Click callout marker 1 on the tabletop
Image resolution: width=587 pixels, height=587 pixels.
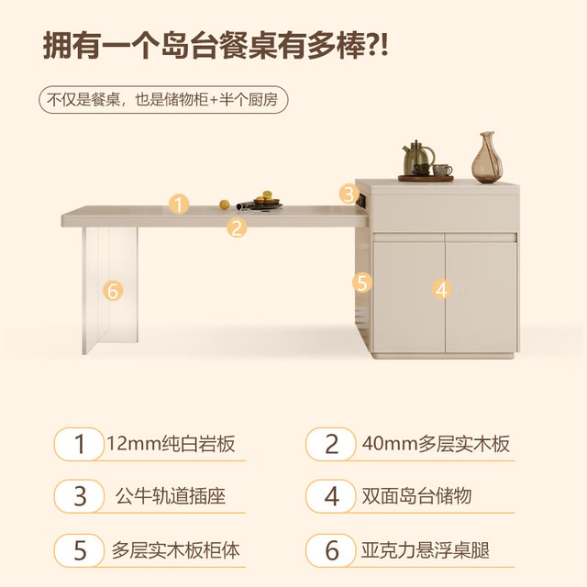coord(179,205)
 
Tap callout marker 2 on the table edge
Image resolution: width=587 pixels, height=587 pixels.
coord(237,227)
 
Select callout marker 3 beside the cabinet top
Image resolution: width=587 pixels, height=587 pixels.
coord(349,194)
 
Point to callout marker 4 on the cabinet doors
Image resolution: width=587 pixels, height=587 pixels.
coord(441,290)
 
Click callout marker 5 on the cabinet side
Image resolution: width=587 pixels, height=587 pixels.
coord(362,282)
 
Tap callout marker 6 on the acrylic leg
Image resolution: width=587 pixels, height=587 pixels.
coord(113,291)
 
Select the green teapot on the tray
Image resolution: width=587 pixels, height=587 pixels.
coord(418,158)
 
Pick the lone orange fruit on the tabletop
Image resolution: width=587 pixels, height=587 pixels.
coord(224,205)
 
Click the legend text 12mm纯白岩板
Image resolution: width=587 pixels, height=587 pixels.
coord(171,444)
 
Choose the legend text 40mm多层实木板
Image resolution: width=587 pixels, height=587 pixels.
coord(436,444)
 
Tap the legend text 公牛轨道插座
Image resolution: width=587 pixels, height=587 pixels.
coord(171,496)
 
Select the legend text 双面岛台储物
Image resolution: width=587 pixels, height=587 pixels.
coord(416,496)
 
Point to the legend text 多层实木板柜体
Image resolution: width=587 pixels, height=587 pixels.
coord(175,550)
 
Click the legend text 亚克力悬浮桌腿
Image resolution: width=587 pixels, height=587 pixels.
coord(426,550)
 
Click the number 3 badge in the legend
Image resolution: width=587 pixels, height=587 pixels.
coord(79,496)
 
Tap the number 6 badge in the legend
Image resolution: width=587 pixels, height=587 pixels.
coord(331,550)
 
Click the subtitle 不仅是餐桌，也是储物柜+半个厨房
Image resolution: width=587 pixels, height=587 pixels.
coord(163,100)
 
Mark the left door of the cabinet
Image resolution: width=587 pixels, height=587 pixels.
coord(409,297)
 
